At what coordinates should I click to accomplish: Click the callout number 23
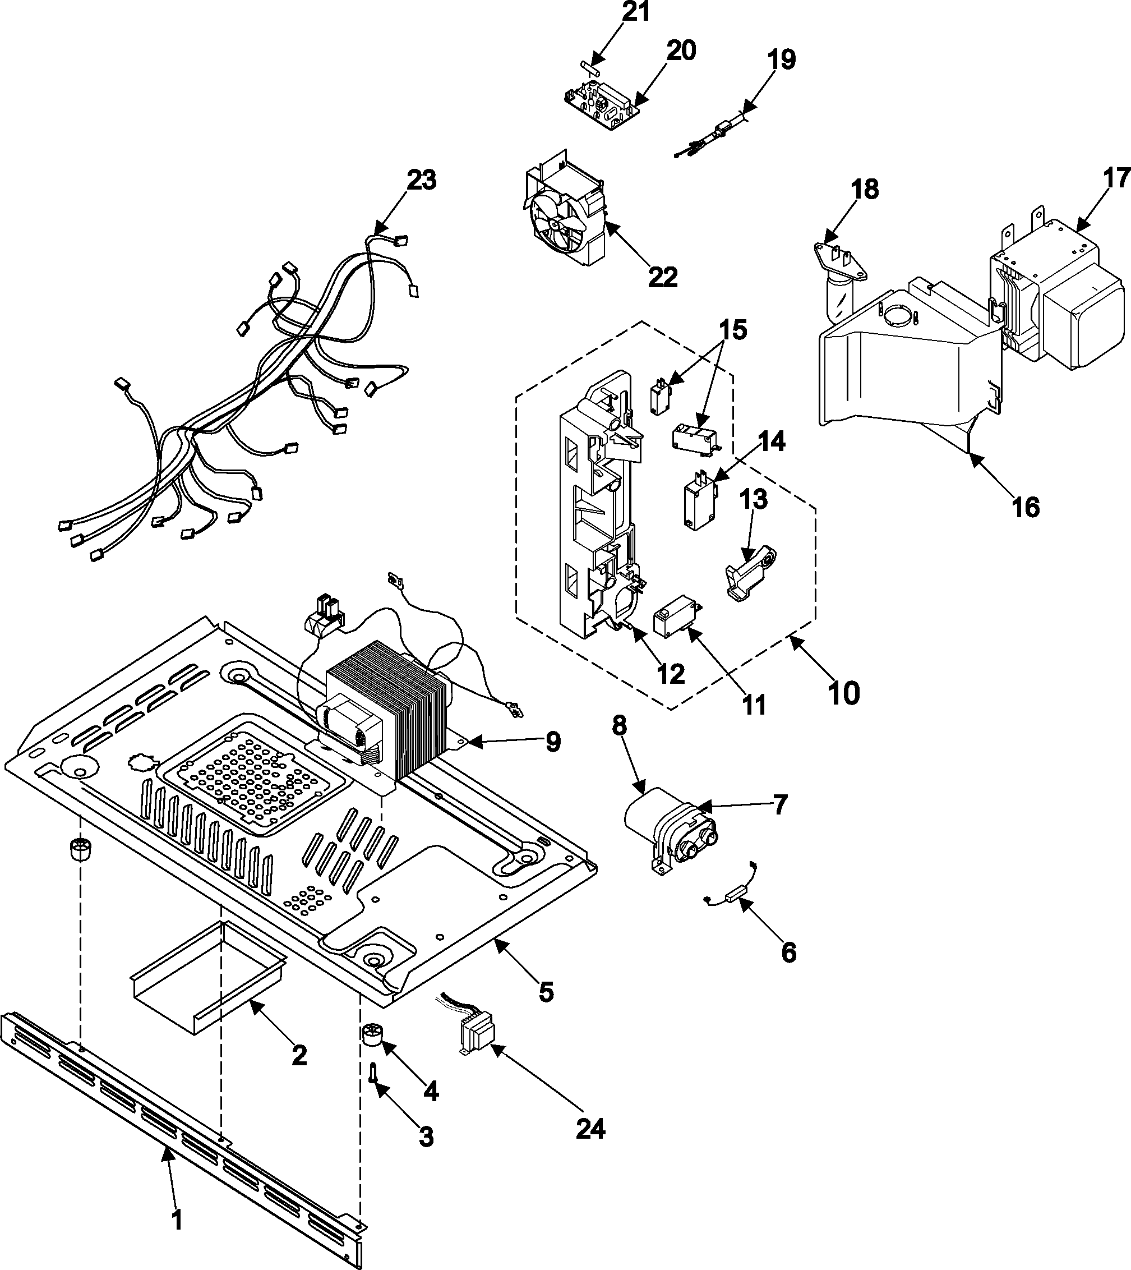point(421,180)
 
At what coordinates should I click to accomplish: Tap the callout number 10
point(844,693)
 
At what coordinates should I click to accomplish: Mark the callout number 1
point(177,1218)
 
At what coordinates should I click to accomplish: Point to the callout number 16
point(1026,507)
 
